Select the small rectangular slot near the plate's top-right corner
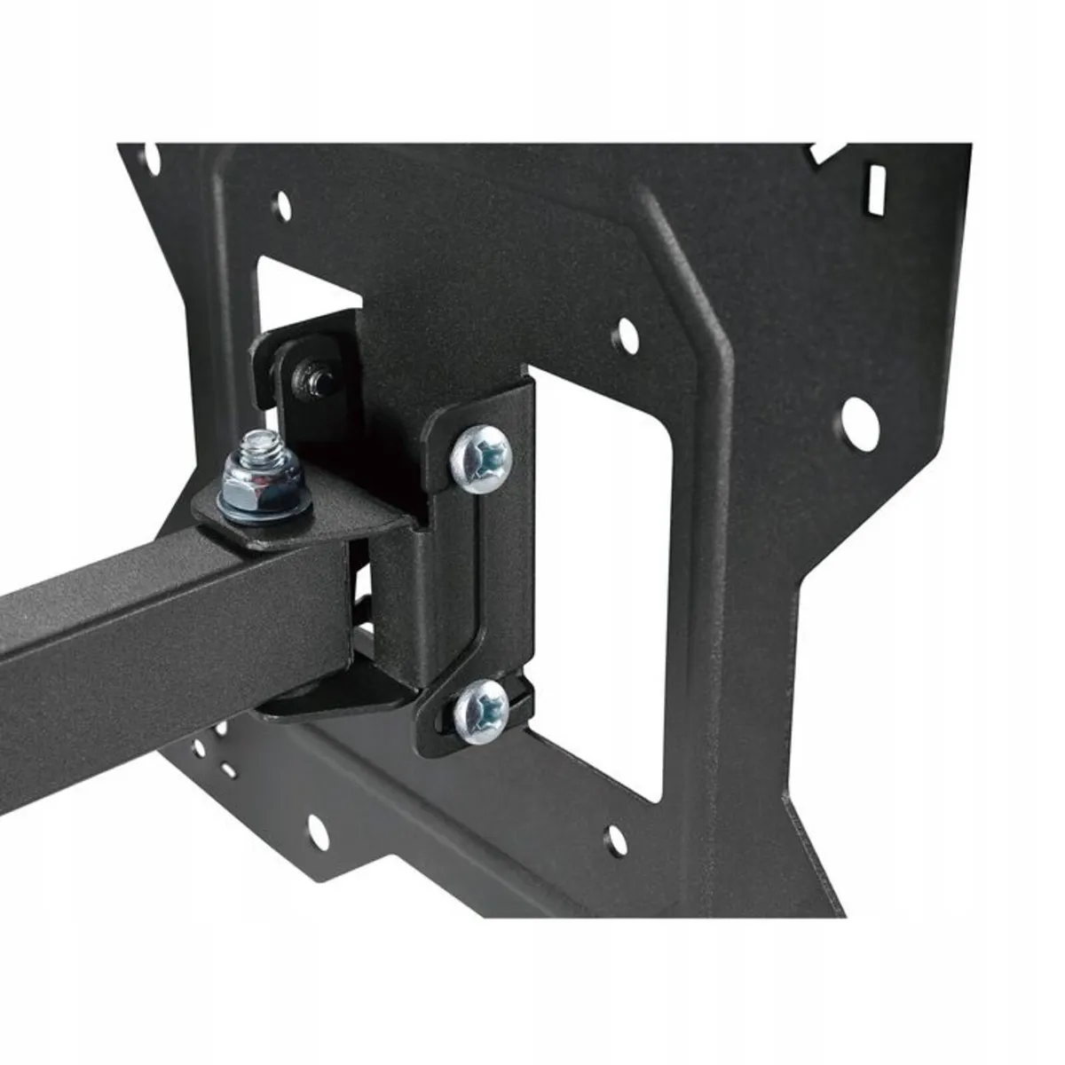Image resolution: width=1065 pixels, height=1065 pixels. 880,184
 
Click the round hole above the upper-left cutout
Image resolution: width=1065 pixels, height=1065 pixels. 283,201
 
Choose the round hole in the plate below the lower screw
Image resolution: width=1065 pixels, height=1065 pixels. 611,834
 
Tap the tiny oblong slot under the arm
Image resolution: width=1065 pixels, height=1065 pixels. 229,771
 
